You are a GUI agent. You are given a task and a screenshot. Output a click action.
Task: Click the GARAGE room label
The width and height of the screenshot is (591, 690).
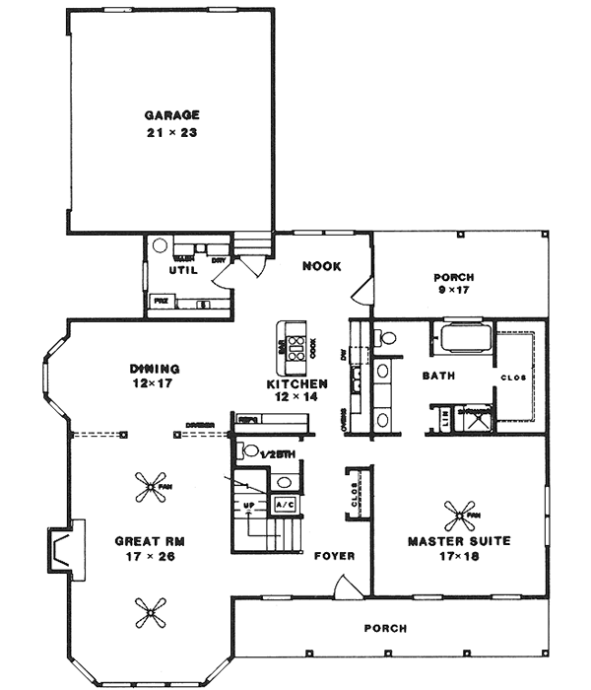[171, 113]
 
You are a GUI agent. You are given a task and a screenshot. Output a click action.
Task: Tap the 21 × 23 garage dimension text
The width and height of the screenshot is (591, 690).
[171, 132]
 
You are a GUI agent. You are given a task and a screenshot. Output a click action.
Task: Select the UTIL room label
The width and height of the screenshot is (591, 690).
[183, 268]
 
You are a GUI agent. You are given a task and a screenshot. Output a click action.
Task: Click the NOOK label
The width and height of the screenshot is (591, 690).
[321, 265]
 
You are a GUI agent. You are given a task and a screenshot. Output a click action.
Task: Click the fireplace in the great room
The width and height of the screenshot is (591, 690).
[59, 551]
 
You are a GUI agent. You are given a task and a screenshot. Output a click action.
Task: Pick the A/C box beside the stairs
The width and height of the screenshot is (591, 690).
[284, 505]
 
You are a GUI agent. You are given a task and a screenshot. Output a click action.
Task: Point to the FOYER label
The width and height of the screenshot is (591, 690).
[334, 555]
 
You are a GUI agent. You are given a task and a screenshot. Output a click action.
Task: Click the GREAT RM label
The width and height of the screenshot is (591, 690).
[150, 541]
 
